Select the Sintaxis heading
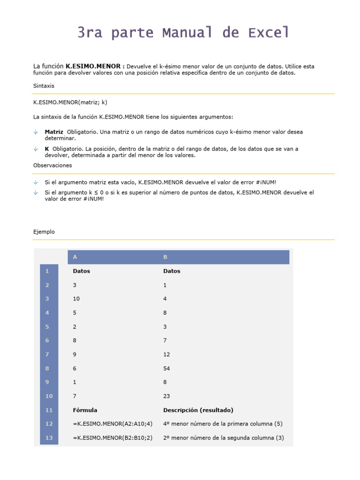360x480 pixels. click(x=44, y=86)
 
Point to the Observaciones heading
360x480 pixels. click(x=52, y=165)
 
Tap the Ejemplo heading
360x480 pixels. click(x=44, y=232)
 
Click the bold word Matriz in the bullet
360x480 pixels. click(x=54, y=132)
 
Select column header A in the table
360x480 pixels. click(x=75, y=257)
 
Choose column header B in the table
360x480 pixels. click(x=165, y=257)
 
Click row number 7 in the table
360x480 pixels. click(x=47, y=354)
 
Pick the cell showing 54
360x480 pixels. click(x=167, y=368)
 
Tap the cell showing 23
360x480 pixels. click(x=167, y=396)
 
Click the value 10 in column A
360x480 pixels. click(x=76, y=299)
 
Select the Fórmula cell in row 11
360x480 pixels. click(x=85, y=410)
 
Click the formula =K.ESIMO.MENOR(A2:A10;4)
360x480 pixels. click(x=112, y=424)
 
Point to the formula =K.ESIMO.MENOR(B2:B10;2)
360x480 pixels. click(x=112, y=438)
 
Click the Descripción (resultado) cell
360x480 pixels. click(x=198, y=410)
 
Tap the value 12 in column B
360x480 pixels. click(x=167, y=354)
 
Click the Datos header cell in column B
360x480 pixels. click(x=172, y=271)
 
